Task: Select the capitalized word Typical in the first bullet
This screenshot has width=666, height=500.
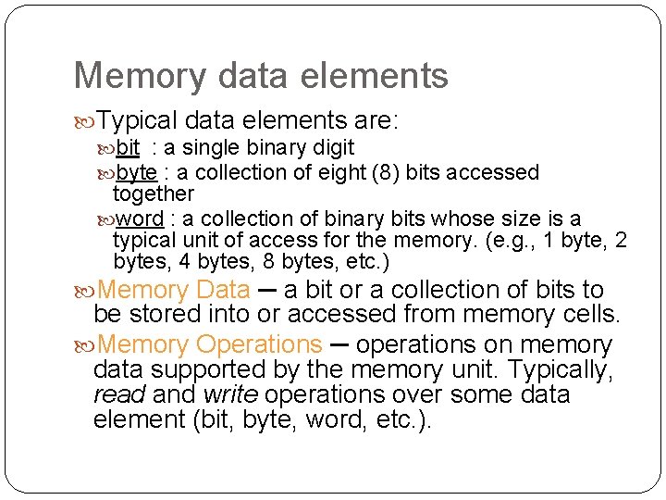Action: tap(138, 120)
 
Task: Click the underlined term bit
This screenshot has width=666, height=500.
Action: tap(129, 147)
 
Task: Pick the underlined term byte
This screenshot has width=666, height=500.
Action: tap(137, 172)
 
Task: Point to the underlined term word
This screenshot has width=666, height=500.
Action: tap(140, 219)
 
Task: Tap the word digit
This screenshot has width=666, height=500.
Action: tap(334, 147)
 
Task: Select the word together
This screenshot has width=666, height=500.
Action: tap(153, 194)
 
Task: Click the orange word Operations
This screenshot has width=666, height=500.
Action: tap(259, 344)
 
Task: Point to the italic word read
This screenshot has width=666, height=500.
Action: tap(119, 394)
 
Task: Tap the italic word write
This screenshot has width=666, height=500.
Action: tap(229, 394)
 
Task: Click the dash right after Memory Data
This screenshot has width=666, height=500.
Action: tap(266, 290)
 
